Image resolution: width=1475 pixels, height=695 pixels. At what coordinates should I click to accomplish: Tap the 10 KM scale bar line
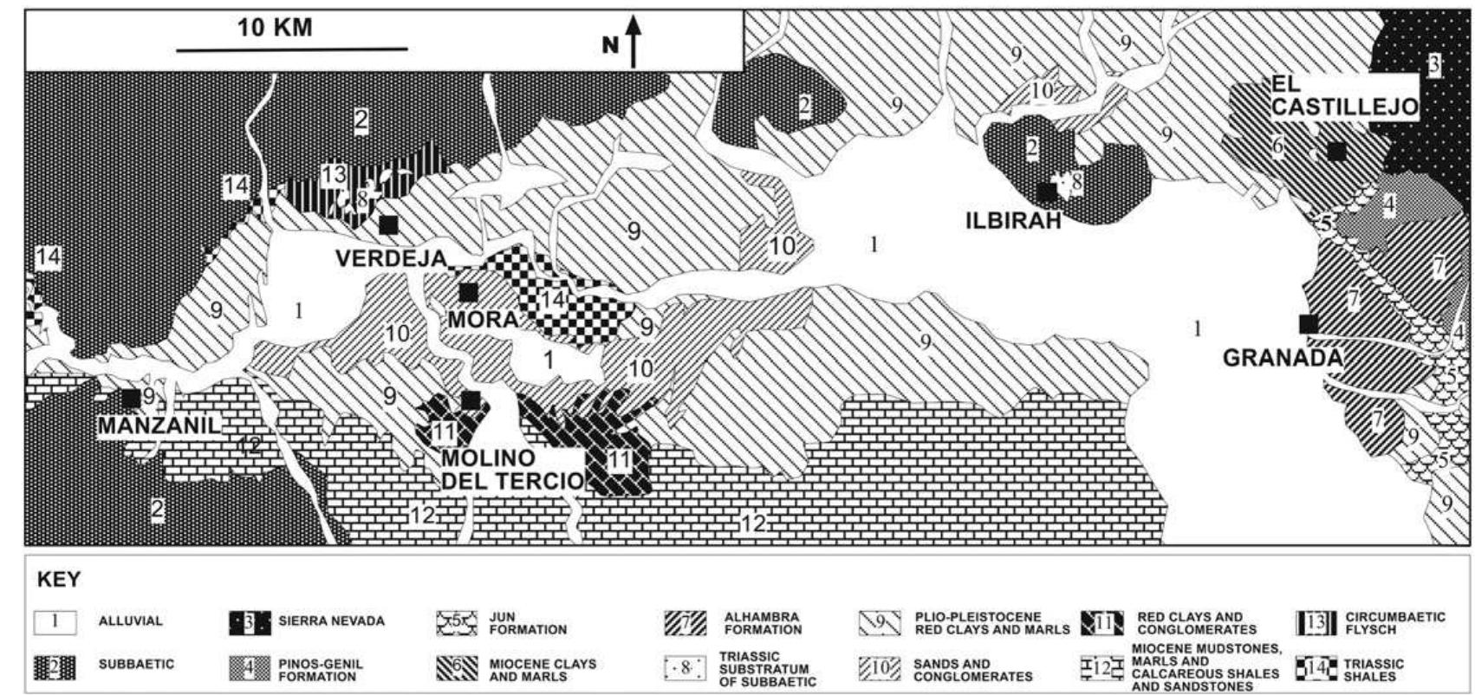click(292, 50)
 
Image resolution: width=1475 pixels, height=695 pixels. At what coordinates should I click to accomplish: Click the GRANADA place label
click(1282, 357)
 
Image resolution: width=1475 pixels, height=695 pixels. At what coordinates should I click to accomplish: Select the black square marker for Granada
click(1309, 323)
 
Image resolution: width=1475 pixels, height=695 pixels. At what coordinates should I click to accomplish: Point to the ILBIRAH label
click(1013, 220)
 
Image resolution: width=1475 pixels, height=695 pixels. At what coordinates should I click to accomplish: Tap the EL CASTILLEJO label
click(1344, 96)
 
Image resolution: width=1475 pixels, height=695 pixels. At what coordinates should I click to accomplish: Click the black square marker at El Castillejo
click(1337, 152)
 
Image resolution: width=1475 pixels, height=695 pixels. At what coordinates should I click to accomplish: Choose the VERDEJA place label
click(391, 257)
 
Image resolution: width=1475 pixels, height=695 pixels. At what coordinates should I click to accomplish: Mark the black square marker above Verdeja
click(388, 224)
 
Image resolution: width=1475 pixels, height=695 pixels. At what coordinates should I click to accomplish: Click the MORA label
click(483, 319)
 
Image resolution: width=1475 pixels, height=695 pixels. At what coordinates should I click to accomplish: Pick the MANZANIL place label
click(159, 425)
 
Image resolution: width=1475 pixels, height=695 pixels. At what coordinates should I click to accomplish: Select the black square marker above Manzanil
click(131, 398)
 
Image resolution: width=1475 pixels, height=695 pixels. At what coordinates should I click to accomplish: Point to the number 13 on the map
click(334, 175)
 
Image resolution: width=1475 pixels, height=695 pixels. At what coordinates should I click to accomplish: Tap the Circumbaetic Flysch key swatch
click(1317, 622)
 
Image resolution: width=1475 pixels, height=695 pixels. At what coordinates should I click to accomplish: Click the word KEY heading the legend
click(59, 580)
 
